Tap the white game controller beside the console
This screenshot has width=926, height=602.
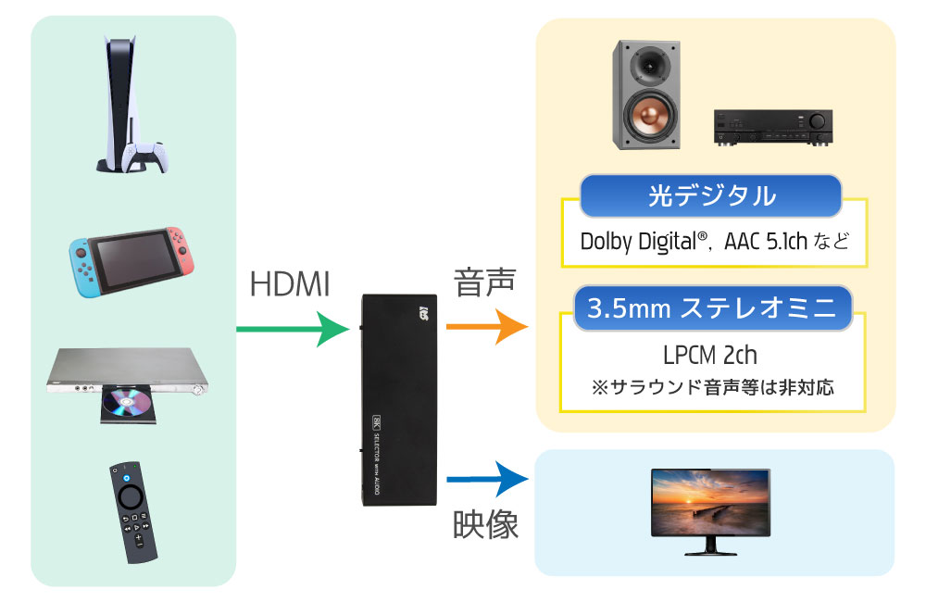point(145,157)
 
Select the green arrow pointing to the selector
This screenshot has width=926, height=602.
point(291,329)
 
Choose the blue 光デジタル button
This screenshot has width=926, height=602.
point(710,196)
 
